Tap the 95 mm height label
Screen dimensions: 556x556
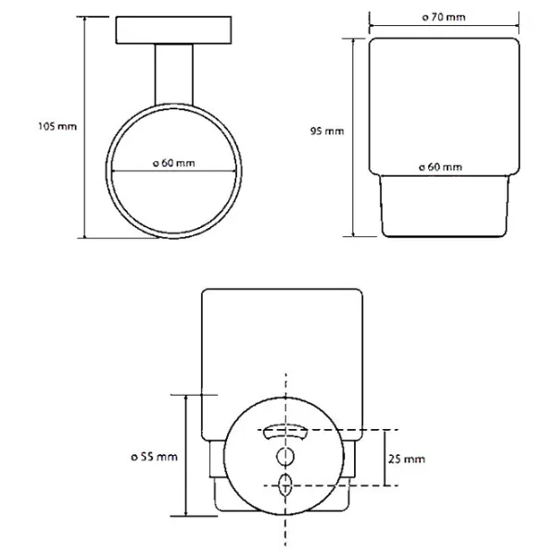point(328,132)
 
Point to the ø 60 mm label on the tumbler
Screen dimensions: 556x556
point(439,167)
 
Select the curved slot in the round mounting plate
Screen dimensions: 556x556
point(286,433)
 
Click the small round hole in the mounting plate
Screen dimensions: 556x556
point(285,456)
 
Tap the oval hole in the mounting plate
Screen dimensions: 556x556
point(285,482)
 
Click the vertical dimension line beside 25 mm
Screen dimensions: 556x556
point(385,459)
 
